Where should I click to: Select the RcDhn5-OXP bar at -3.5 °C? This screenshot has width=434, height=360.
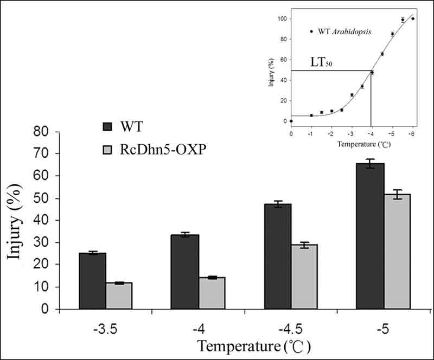coord(119,295)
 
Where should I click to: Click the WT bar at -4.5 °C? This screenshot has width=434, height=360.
coord(278,256)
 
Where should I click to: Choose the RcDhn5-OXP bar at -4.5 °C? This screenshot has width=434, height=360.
coord(304,277)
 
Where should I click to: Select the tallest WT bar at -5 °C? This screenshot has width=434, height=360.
coord(371,236)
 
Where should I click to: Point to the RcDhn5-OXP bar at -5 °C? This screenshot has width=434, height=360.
coord(397,252)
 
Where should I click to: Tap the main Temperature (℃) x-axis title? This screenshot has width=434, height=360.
coord(254,345)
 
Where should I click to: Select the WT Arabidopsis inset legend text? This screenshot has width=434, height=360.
coord(341,32)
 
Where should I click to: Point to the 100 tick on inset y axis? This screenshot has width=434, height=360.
coord(282,19)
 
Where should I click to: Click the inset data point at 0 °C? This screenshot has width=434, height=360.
coord(291,121)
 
